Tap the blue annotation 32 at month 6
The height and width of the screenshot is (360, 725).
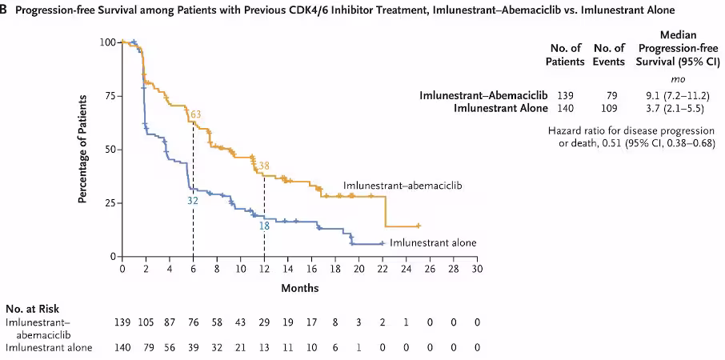192,201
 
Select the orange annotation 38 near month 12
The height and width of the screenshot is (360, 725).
263,166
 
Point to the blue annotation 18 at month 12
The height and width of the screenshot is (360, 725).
263,226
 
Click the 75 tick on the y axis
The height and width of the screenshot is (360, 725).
106,95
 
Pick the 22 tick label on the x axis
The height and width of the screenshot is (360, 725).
383,270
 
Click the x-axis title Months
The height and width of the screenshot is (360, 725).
299,288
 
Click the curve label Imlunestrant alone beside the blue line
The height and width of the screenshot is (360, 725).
435,242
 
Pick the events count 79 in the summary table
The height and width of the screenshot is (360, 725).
614,95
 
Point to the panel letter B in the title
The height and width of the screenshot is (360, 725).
4,10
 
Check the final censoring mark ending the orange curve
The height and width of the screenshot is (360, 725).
418,226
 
